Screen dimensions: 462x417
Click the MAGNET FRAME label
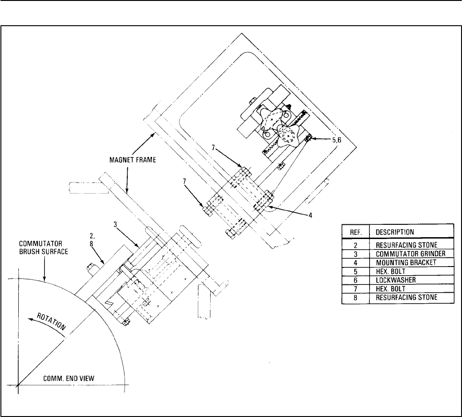(133, 160)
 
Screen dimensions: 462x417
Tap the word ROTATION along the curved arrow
(51, 321)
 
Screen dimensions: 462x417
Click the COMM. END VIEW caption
(69, 378)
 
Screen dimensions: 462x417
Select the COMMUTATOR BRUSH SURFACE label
(43, 248)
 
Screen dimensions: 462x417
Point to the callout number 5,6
(337, 140)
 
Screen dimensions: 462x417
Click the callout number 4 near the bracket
(310, 216)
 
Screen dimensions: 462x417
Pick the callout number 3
(115, 225)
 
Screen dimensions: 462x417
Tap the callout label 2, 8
(92, 240)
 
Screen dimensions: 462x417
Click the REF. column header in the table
(356, 232)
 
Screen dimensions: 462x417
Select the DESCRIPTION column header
(395, 232)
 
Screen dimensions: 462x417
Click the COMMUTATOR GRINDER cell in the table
(410, 254)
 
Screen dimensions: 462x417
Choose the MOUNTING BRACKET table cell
(406, 263)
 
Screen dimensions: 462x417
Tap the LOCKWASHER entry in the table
(396, 280)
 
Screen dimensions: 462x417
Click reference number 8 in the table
(355, 297)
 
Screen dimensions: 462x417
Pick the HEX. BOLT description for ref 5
(391, 272)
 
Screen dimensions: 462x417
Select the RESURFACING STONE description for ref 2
(407, 245)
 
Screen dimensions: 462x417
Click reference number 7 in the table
(355, 289)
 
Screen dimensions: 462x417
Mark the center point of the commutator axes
(18, 385)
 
